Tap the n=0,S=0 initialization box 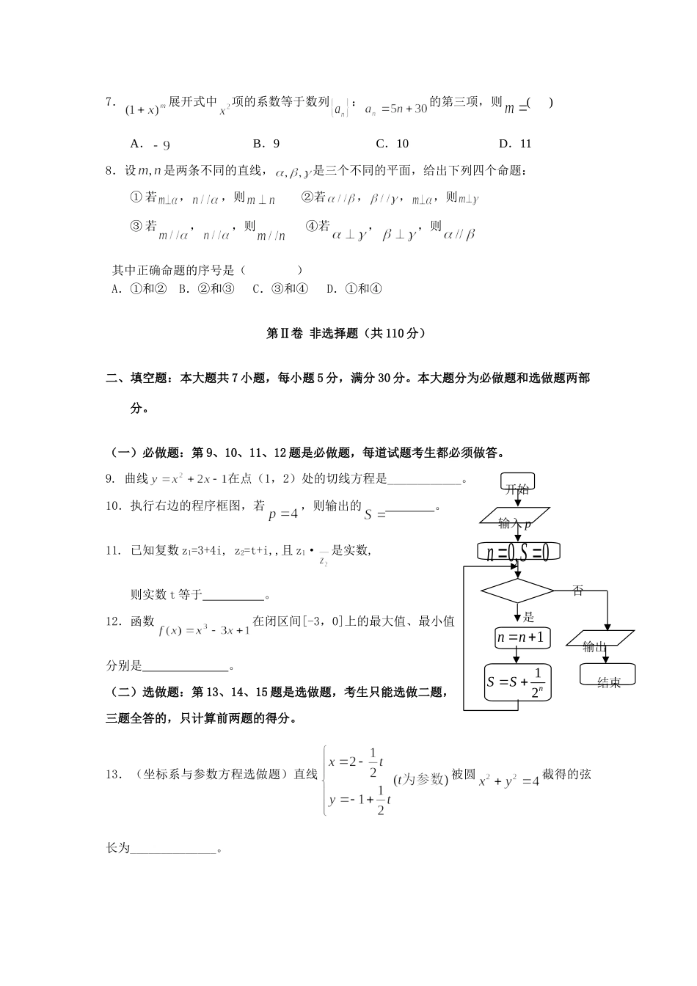tap(518, 552)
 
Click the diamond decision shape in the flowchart tap(517, 591)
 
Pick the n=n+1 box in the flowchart tap(520, 638)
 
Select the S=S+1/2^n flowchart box tap(518, 682)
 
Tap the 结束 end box tap(607, 676)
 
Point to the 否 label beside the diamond tap(577, 590)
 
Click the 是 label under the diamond tap(528, 617)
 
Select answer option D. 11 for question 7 tap(514, 144)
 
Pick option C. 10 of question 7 tap(392, 144)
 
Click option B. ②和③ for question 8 tap(206, 288)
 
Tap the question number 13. tap(113, 774)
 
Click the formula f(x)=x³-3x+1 tap(204, 629)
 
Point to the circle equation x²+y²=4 tap(508, 781)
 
